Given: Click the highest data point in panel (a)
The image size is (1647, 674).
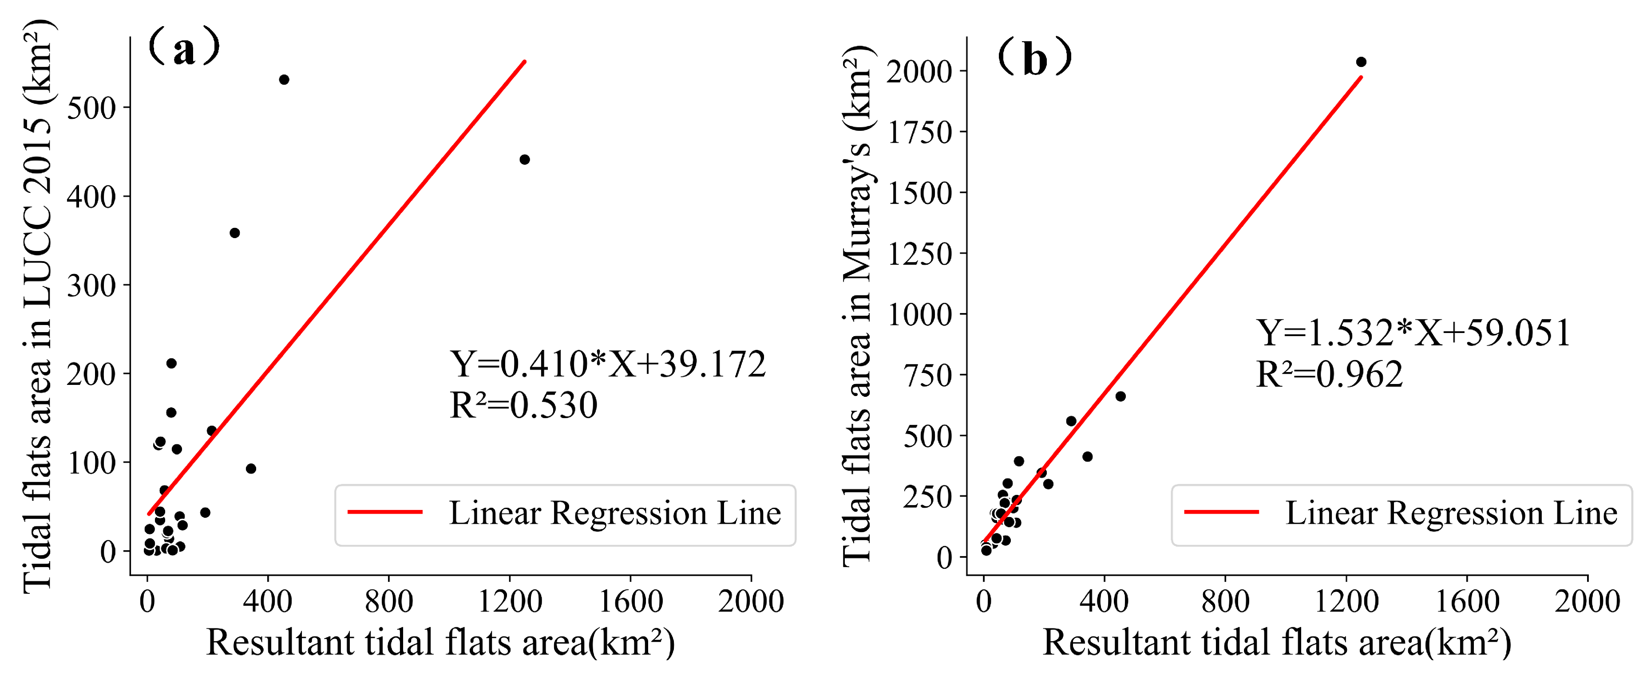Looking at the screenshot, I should point(284,80).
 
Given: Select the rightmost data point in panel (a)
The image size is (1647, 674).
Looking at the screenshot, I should point(524,160).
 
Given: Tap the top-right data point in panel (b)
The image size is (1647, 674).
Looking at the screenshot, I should point(1361,62).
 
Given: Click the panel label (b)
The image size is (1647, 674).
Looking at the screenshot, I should point(1034,58).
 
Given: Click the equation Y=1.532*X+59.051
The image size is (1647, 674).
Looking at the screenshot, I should point(1413,333).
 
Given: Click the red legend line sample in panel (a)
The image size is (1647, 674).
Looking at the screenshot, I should point(385,512).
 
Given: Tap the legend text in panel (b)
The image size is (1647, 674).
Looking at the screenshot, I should point(1451,513).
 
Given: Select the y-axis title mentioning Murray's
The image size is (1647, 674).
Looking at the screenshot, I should point(857,307).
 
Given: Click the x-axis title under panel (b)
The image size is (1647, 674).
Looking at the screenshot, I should point(1277,643).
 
